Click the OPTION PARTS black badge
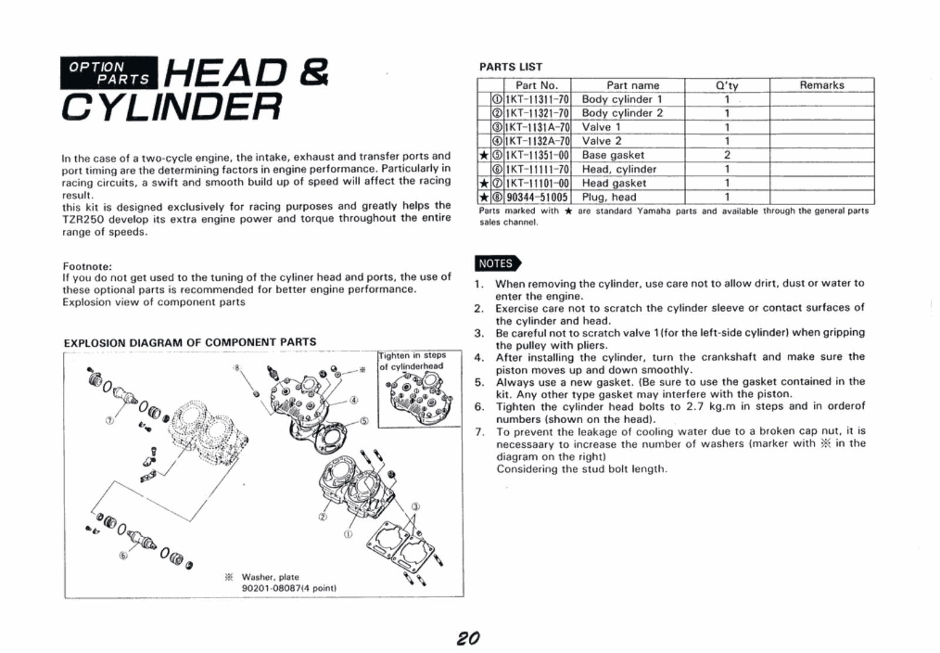point(109,73)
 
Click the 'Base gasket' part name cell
point(613,155)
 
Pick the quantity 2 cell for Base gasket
point(727,155)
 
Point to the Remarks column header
point(821,85)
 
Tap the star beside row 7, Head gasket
point(484,183)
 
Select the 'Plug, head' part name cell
point(609,197)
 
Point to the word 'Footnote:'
point(87,266)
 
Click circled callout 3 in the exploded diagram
point(416,506)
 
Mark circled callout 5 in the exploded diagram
point(364,421)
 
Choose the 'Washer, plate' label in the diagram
point(270,577)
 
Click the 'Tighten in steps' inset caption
point(412,356)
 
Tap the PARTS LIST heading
point(511,67)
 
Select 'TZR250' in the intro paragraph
point(82,219)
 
